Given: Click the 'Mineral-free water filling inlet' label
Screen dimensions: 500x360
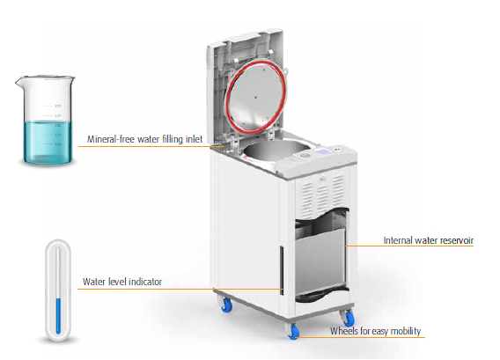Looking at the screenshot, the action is click(x=144, y=139).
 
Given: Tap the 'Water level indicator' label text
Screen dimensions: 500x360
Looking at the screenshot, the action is click(x=122, y=282).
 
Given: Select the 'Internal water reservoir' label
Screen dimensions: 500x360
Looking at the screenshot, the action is click(x=428, y=240).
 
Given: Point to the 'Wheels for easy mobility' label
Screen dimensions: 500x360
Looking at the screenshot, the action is click(x=375, y=331).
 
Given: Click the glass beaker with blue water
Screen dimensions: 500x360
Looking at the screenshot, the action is click(x=46, y=121).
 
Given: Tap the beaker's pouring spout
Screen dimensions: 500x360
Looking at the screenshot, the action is click(x=19, y=81).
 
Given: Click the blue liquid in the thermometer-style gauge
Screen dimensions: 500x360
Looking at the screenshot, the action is click(x=58, y=316).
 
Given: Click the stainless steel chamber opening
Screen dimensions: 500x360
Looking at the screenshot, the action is click(x=275, y=150).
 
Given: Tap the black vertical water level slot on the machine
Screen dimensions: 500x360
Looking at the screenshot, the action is click(x=282, y=270).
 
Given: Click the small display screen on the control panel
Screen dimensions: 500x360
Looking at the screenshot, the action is click(x=324, y=151).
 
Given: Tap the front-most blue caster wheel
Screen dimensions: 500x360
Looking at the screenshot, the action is click(x=293, y=332).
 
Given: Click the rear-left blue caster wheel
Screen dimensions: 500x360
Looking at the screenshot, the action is click(x=227, y=305).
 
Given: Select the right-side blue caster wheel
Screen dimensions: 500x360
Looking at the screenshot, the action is click(x=349, y=319).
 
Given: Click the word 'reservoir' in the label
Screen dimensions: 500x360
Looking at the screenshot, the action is click(x=456, y=240).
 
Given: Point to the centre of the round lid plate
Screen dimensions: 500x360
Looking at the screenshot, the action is click(x=255, y=97).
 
